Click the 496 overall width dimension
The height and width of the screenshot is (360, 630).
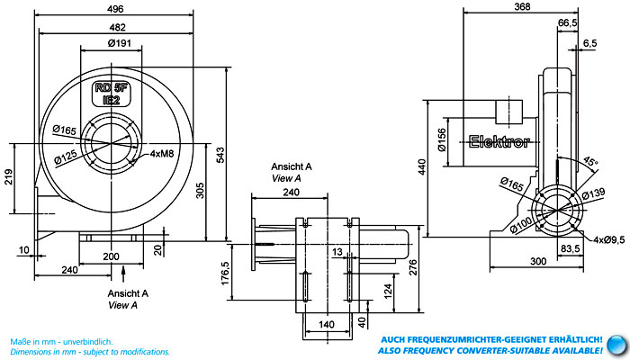coord(116,9)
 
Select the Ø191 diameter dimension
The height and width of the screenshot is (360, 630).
coord(120,43)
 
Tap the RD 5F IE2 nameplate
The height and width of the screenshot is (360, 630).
coord(112,94)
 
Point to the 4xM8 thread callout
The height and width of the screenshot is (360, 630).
coord(162,154)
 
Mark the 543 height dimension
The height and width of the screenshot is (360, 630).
coord(220,155)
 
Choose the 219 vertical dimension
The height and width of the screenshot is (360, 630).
coord(8,176)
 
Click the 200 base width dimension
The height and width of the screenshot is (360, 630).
coord(111,256)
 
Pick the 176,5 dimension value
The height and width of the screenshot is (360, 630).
coord(225,274)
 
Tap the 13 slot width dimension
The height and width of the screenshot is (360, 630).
coord(337,252)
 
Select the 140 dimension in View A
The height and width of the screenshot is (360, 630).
coord(326,324)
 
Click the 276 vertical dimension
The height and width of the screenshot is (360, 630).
coord(413,267)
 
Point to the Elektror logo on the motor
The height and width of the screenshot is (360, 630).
coord(499,141)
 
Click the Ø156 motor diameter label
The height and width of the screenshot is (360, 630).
coord(442,139)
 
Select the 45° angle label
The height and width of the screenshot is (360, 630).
coord(590,161)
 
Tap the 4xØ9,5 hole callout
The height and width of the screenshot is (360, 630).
coord(609,240)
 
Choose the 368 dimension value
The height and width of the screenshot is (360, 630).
coord(522,6)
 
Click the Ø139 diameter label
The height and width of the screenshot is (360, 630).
coord(593,193)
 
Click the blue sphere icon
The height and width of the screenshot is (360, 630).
coord(616,345)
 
